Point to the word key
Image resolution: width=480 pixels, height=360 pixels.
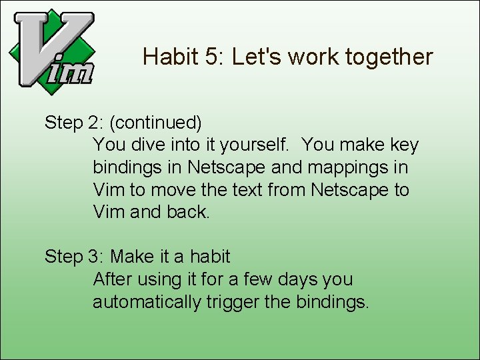tap(404, 145)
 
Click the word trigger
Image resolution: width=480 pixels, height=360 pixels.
tap(233, 302)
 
